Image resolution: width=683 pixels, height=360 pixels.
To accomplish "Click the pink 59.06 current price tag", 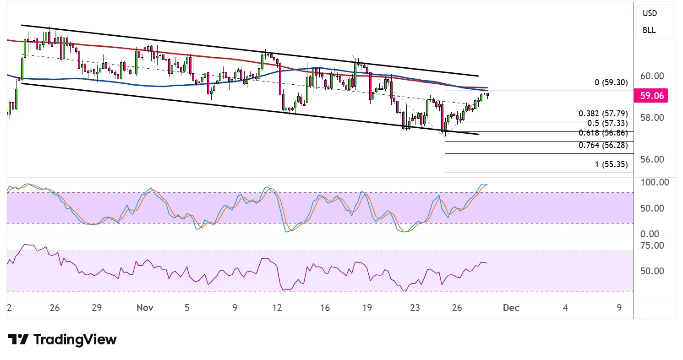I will (x=651, y=96).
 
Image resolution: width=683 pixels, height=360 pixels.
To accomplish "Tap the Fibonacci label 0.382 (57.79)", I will (x=603, y=114).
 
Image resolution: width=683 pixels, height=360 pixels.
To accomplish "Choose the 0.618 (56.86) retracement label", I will (x=603, y=133).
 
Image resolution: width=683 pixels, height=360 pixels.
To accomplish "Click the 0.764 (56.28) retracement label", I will (x=603, y=146).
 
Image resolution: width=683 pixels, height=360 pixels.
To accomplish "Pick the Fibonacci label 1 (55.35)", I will (x=612, y=164).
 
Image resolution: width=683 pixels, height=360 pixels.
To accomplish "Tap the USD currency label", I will (x=650, y=13).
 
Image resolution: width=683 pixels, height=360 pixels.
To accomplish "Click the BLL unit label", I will (x=649, y=30).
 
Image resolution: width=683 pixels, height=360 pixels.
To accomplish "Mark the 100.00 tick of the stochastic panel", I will (x=654, y=182).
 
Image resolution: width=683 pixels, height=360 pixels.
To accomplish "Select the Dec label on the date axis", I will (x=511, y=308).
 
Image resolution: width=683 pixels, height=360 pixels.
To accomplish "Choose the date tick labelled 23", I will (x=415, y=308).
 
